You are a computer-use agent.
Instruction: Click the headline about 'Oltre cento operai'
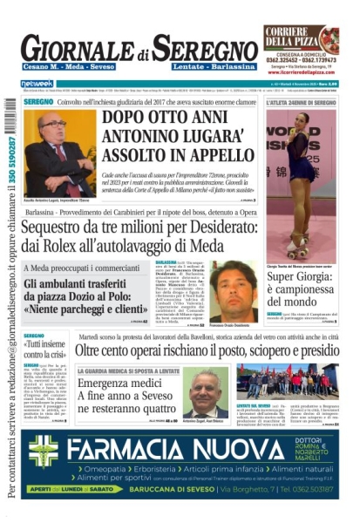click(207, 350)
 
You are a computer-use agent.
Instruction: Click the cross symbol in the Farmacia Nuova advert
click(43, 451)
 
